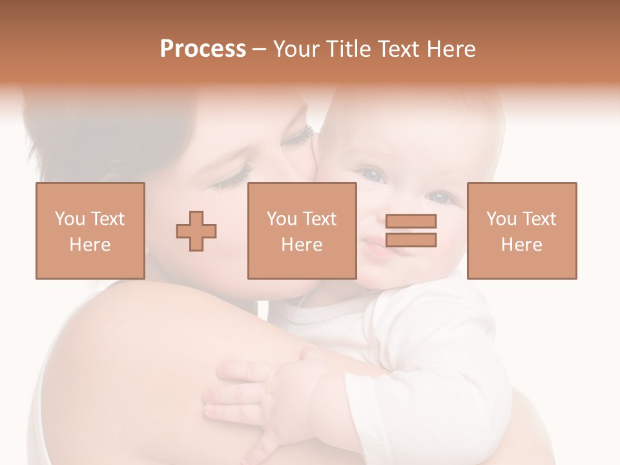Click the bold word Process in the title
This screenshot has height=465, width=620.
pos(203,49)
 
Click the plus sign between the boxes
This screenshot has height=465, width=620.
pos(196,231)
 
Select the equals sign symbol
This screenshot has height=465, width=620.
pos(411,231)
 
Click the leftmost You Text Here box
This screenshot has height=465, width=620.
pos(90,231)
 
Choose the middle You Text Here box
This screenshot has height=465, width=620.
pos(302,231)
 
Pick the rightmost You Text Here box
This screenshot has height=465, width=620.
pos(522,231)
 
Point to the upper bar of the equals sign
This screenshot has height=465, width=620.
pos(411,222)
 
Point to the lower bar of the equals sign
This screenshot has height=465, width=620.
pos(411,240)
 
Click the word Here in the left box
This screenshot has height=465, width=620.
pos(90,244)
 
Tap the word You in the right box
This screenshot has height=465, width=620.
pos(501,219)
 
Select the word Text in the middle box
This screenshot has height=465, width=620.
pos(319,219)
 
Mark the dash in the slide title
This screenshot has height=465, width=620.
pos(260,49)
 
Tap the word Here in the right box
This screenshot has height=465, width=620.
pos(522,244)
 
